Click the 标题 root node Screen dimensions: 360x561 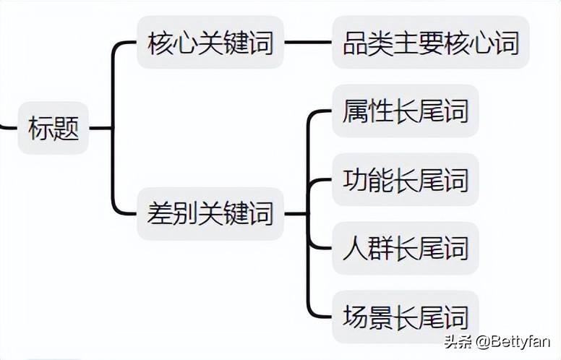53,129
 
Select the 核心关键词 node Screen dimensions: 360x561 210,43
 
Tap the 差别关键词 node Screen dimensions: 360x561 210,213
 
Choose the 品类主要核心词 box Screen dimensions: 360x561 431,43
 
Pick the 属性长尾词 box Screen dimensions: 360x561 406,111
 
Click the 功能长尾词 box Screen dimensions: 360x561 406,179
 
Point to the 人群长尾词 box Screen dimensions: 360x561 406,248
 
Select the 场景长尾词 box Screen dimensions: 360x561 406,317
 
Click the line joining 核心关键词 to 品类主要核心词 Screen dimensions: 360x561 308,43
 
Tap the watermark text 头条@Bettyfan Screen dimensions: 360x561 497,340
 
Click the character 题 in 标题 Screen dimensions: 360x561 66,129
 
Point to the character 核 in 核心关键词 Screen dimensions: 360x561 160,43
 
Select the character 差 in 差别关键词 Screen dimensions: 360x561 160,213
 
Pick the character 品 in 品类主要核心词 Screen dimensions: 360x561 356,43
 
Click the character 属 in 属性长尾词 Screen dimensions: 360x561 356,111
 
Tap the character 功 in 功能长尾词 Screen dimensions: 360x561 356,179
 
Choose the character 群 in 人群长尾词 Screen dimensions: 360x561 381,248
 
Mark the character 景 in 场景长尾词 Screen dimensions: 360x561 381,317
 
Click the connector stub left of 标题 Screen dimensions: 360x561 7,128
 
